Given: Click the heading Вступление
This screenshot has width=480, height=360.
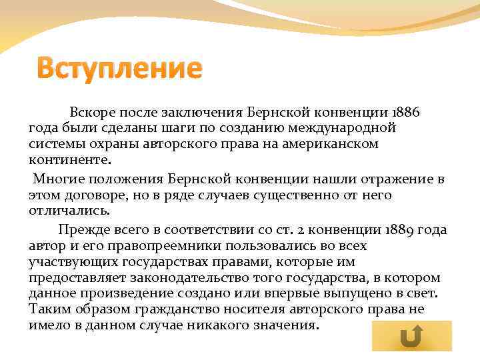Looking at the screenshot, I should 118,69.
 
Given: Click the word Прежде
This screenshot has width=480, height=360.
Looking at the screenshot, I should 81,230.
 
